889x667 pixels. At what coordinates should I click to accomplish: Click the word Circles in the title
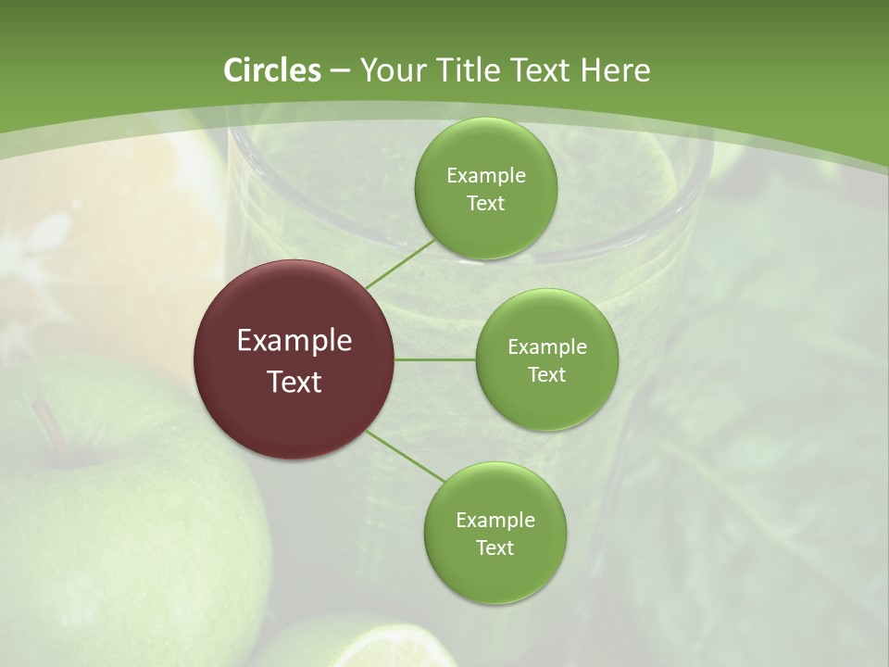(271, 70)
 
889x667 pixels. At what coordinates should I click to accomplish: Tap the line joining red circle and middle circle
(435, 359)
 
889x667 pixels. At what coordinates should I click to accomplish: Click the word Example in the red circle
(294, 341)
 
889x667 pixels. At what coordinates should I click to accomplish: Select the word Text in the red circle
(294, 382)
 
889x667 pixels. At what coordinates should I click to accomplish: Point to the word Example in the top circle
(485, 176)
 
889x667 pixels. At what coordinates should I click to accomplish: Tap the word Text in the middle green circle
(546, 374)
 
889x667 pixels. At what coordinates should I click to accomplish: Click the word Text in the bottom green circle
(495, 547)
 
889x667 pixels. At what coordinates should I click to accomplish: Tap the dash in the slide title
(340, 71)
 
